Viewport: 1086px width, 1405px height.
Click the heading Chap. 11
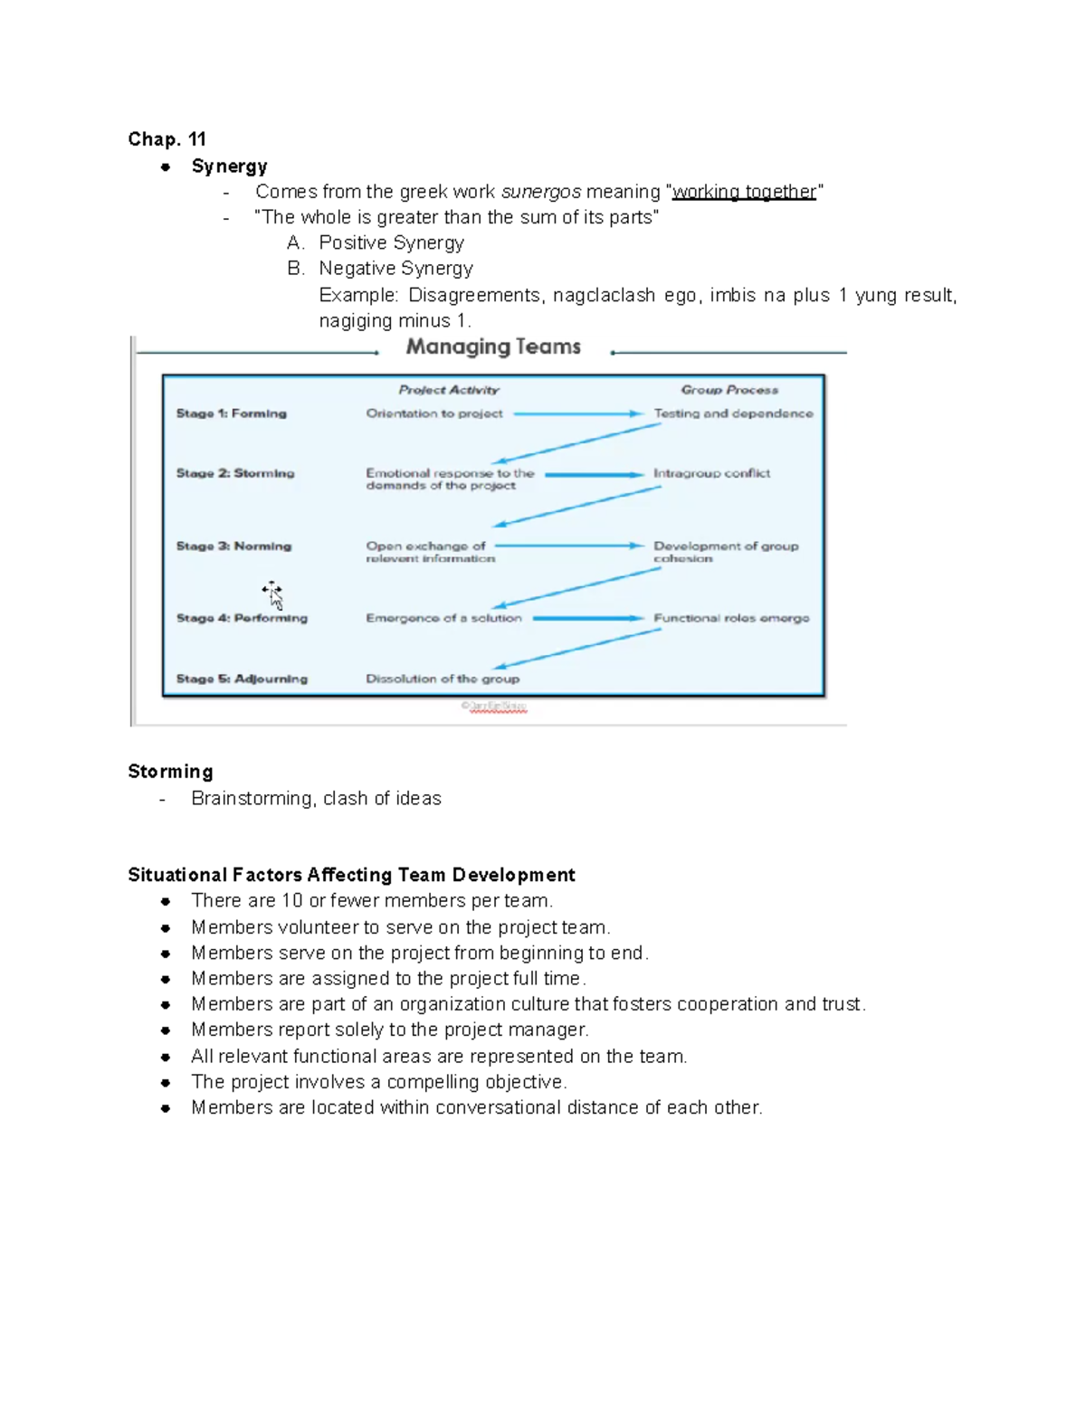point(167,139)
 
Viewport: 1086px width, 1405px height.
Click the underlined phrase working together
point(744,192)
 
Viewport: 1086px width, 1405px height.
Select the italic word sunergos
point(540,192)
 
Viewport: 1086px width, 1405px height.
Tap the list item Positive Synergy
point(391,242)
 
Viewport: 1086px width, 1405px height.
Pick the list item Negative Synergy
point(395,269)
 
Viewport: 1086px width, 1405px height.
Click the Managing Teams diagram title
point(493,347)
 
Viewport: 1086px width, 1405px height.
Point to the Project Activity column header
point(449,390)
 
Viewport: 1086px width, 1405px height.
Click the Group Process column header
point(729,390)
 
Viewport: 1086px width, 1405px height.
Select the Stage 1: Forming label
point(231,413)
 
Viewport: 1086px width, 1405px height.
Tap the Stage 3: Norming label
point(233,546)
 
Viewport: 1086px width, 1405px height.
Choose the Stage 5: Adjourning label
point(242,679)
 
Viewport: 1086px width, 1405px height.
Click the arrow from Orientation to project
point(577,413)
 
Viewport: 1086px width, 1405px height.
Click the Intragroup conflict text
point(711,473)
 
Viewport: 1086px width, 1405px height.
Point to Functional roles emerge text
point(731,618)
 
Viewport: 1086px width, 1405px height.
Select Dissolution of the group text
point(443,679)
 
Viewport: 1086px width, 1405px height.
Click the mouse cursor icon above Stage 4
point(272,595)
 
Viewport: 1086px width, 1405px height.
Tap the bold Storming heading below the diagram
point(170,772)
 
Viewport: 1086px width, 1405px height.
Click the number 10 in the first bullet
point(291,901)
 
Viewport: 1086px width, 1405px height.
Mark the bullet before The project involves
point(166,1082)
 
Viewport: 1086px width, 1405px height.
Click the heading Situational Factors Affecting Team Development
point(351,875)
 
